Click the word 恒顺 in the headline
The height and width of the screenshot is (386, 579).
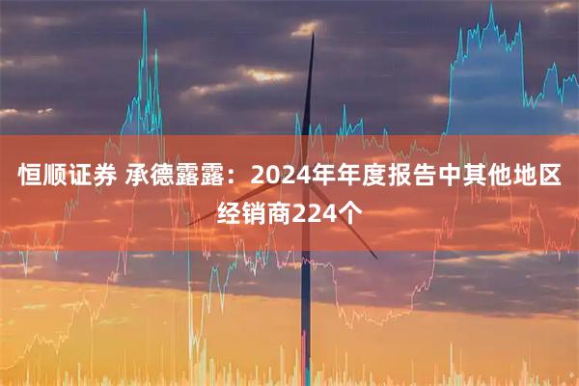pyautogui.click(x=44, y=177)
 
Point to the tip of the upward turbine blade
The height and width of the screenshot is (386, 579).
pyautogui.click(x=314, y=34)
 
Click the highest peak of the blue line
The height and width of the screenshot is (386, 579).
pyautogui.click(x=490, y=5)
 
